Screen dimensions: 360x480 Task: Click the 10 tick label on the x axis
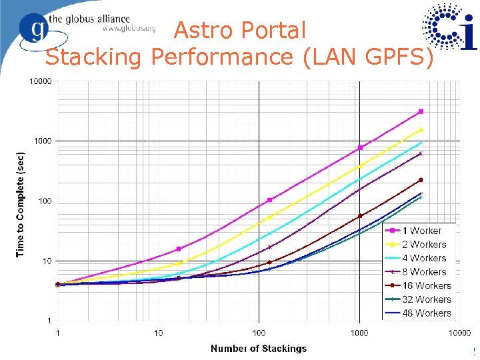158,333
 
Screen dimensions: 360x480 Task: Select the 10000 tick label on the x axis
459,333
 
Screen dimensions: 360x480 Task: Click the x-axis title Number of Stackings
259,348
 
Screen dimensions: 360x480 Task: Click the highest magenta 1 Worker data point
421,111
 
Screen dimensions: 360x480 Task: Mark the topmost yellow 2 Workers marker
421,129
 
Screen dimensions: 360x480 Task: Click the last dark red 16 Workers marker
421,180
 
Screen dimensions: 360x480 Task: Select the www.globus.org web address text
128,28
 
